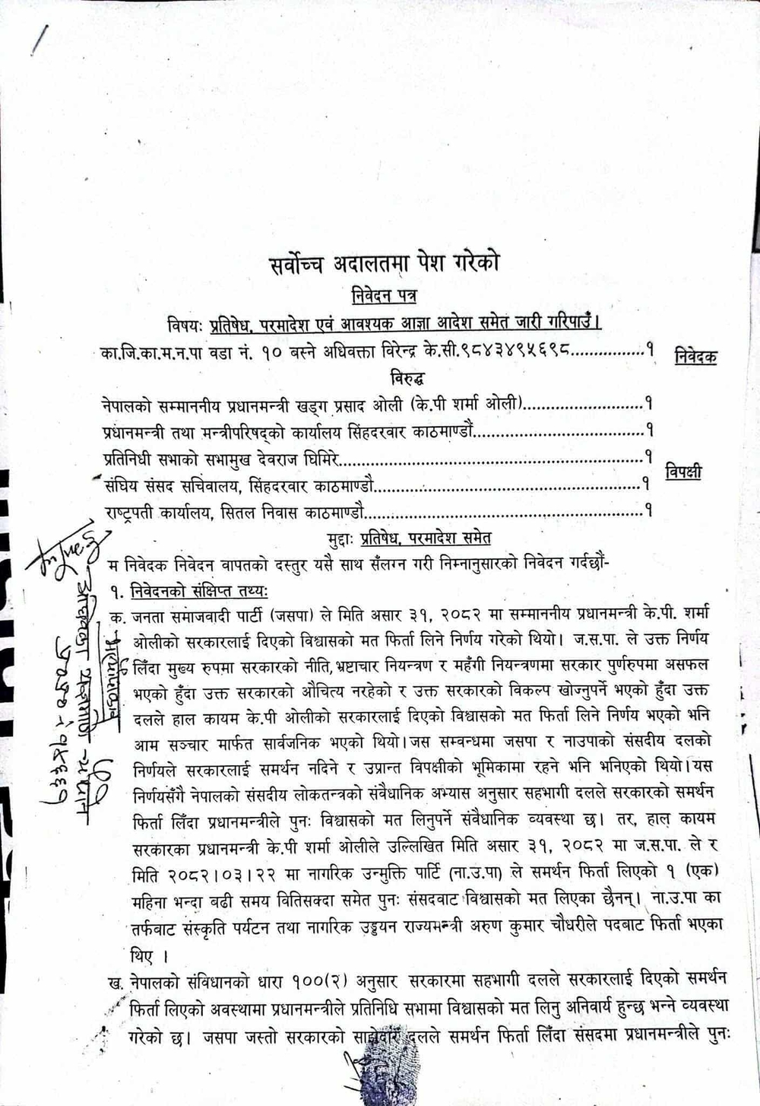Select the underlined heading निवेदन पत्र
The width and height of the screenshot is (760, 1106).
coord(384,295)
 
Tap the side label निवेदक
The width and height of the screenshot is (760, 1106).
coord(695,356)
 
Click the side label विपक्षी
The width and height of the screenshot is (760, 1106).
coord(683,472)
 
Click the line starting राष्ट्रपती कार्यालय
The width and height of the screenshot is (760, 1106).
coord(235,512)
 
